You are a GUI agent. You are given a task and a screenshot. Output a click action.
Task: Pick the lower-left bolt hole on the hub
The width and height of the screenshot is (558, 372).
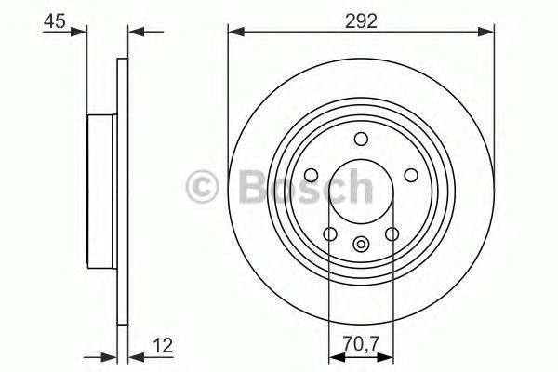pyautogui.click(x=328, y=233)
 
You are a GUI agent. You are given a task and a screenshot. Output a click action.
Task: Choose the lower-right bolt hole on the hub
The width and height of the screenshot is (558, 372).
pyautogui.click(x=392, y=233)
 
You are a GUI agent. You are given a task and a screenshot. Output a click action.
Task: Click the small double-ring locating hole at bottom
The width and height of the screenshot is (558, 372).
pyautogui.click(x=361, y=245)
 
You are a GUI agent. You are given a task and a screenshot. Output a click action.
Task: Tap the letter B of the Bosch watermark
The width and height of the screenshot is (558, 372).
pyautogui.click(x=246, y=187)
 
